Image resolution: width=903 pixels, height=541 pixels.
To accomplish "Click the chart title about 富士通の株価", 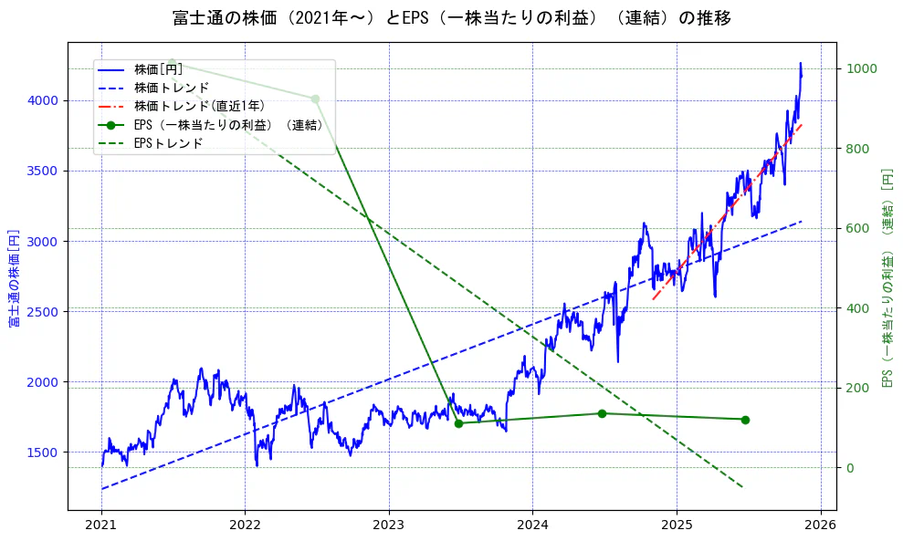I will (x=451, y=17).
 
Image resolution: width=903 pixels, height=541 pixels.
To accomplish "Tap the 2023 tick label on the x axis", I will (x=388, y=525).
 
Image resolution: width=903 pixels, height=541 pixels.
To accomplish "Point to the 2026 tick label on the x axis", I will (x=820, y=525).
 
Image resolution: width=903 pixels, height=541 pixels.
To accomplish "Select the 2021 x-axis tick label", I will (x=100, y=525).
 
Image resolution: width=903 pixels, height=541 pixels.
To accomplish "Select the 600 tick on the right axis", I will (x=857, y=228).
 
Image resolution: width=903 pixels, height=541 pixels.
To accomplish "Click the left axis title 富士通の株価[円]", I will (x=14, y=278).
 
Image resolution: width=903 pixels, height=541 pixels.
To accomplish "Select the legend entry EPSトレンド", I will (x=168, y=143).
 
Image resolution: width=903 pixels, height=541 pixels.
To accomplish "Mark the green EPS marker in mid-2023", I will (x=458, y=423).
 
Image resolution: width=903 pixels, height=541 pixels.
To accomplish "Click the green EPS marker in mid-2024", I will (x=602, y=413).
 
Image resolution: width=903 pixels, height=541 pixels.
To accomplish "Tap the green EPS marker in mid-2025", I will (x=745, y=420).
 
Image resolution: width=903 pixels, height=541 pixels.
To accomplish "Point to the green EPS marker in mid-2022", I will (x=315, y=99).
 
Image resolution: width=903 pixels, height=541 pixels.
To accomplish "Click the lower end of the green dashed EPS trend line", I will (x=742, y=487).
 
